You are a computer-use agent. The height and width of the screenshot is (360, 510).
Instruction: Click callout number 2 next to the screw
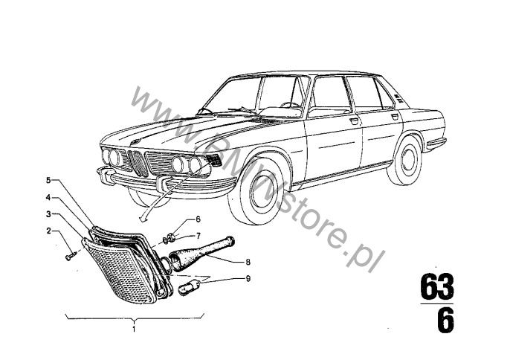(48, 231)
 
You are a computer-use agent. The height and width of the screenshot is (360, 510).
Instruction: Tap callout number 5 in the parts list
(48, 180)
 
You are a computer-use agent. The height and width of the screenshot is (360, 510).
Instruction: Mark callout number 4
(48, 198)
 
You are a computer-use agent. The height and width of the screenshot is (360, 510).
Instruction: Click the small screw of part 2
(69, 256)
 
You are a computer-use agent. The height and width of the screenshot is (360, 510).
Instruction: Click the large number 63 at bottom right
(437, 287)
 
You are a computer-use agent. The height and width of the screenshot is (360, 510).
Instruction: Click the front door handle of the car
(354, 120)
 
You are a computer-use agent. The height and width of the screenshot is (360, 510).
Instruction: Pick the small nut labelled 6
(170, 238)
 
